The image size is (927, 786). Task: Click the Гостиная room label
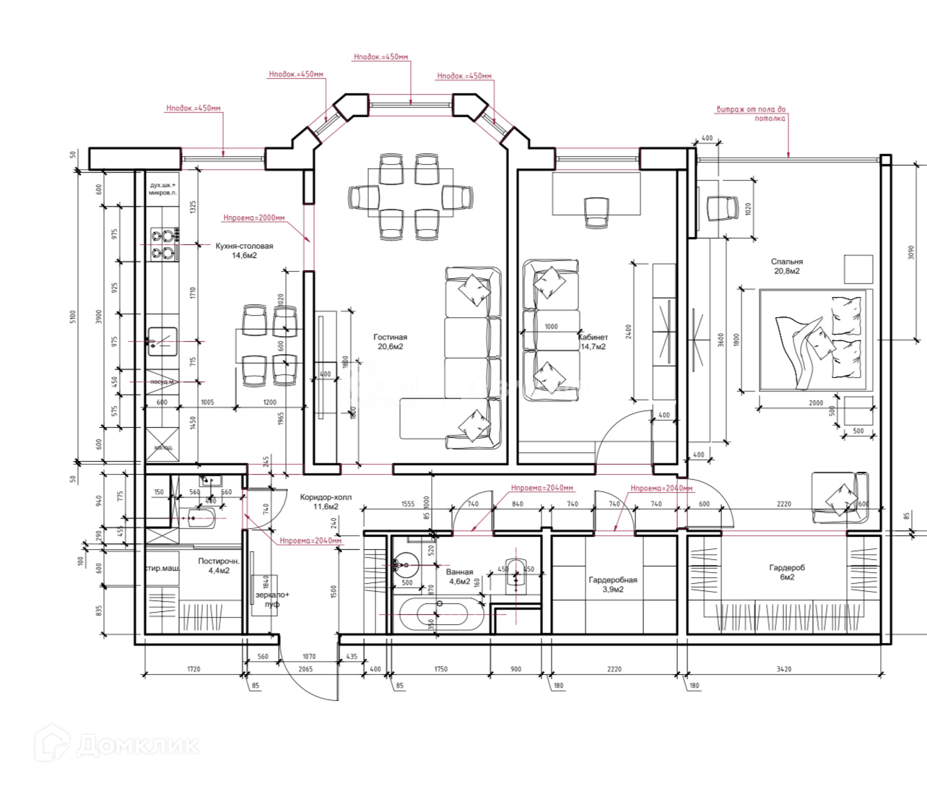[x=390, y=341]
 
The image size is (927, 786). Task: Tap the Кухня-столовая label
[x=244, y=250]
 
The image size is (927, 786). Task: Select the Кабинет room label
[x=593, y=341]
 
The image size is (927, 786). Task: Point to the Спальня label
[x=786, y=266]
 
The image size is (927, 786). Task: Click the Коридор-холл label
[x=326, y=501]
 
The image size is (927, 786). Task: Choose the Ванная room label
[x=459, y=576]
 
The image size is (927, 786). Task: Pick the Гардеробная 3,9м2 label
[x=613, y=584]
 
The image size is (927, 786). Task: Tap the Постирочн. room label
[x=218, y=565]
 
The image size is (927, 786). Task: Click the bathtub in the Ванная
[x=442, y=613]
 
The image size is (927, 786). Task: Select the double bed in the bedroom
[x=815, y=339]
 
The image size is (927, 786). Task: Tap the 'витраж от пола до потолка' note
[x=751, y=113]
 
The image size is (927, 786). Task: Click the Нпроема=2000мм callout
[x=253, y=217]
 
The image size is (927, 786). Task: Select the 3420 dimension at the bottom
[x=783, y=669]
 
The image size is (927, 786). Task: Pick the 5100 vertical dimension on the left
[x=73, y=316]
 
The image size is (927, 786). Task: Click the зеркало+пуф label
[x=272, y=599]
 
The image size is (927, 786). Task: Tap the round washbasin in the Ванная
[x=406, y=564]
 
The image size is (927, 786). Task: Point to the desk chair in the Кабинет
[x=596, y=212]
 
